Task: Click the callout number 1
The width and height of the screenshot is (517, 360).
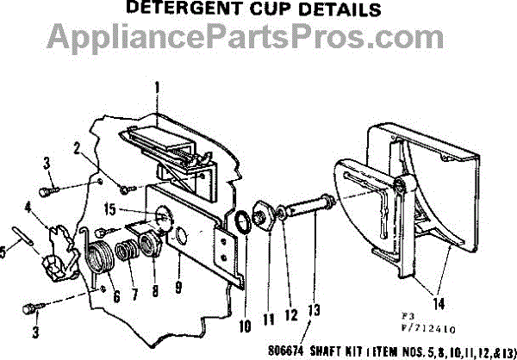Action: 157,86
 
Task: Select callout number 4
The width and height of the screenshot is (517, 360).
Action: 29,206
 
